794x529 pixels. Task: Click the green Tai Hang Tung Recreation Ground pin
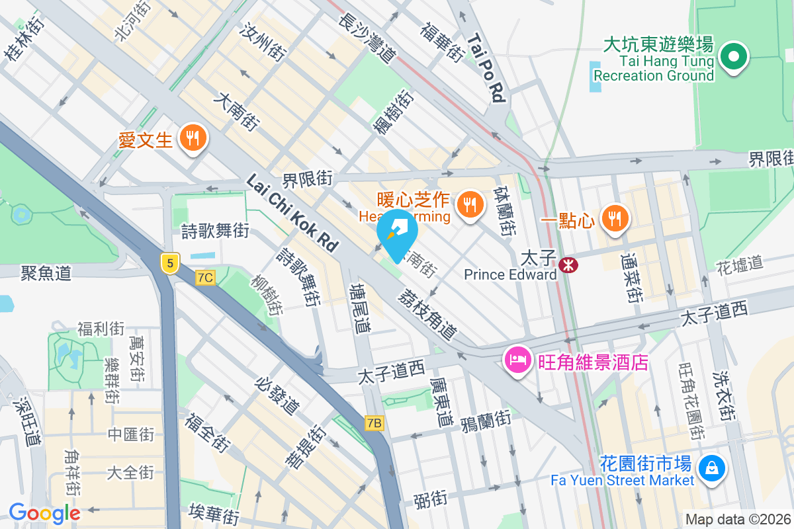734,58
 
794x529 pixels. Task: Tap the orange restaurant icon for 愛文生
193,138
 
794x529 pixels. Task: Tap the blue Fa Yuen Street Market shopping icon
711,468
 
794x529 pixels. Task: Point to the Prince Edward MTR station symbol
567,265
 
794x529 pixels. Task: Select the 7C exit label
205,278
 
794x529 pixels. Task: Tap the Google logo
44,513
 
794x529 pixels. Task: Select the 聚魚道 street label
46,272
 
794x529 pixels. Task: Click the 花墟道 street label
740,265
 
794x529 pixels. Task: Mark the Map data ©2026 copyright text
738,520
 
